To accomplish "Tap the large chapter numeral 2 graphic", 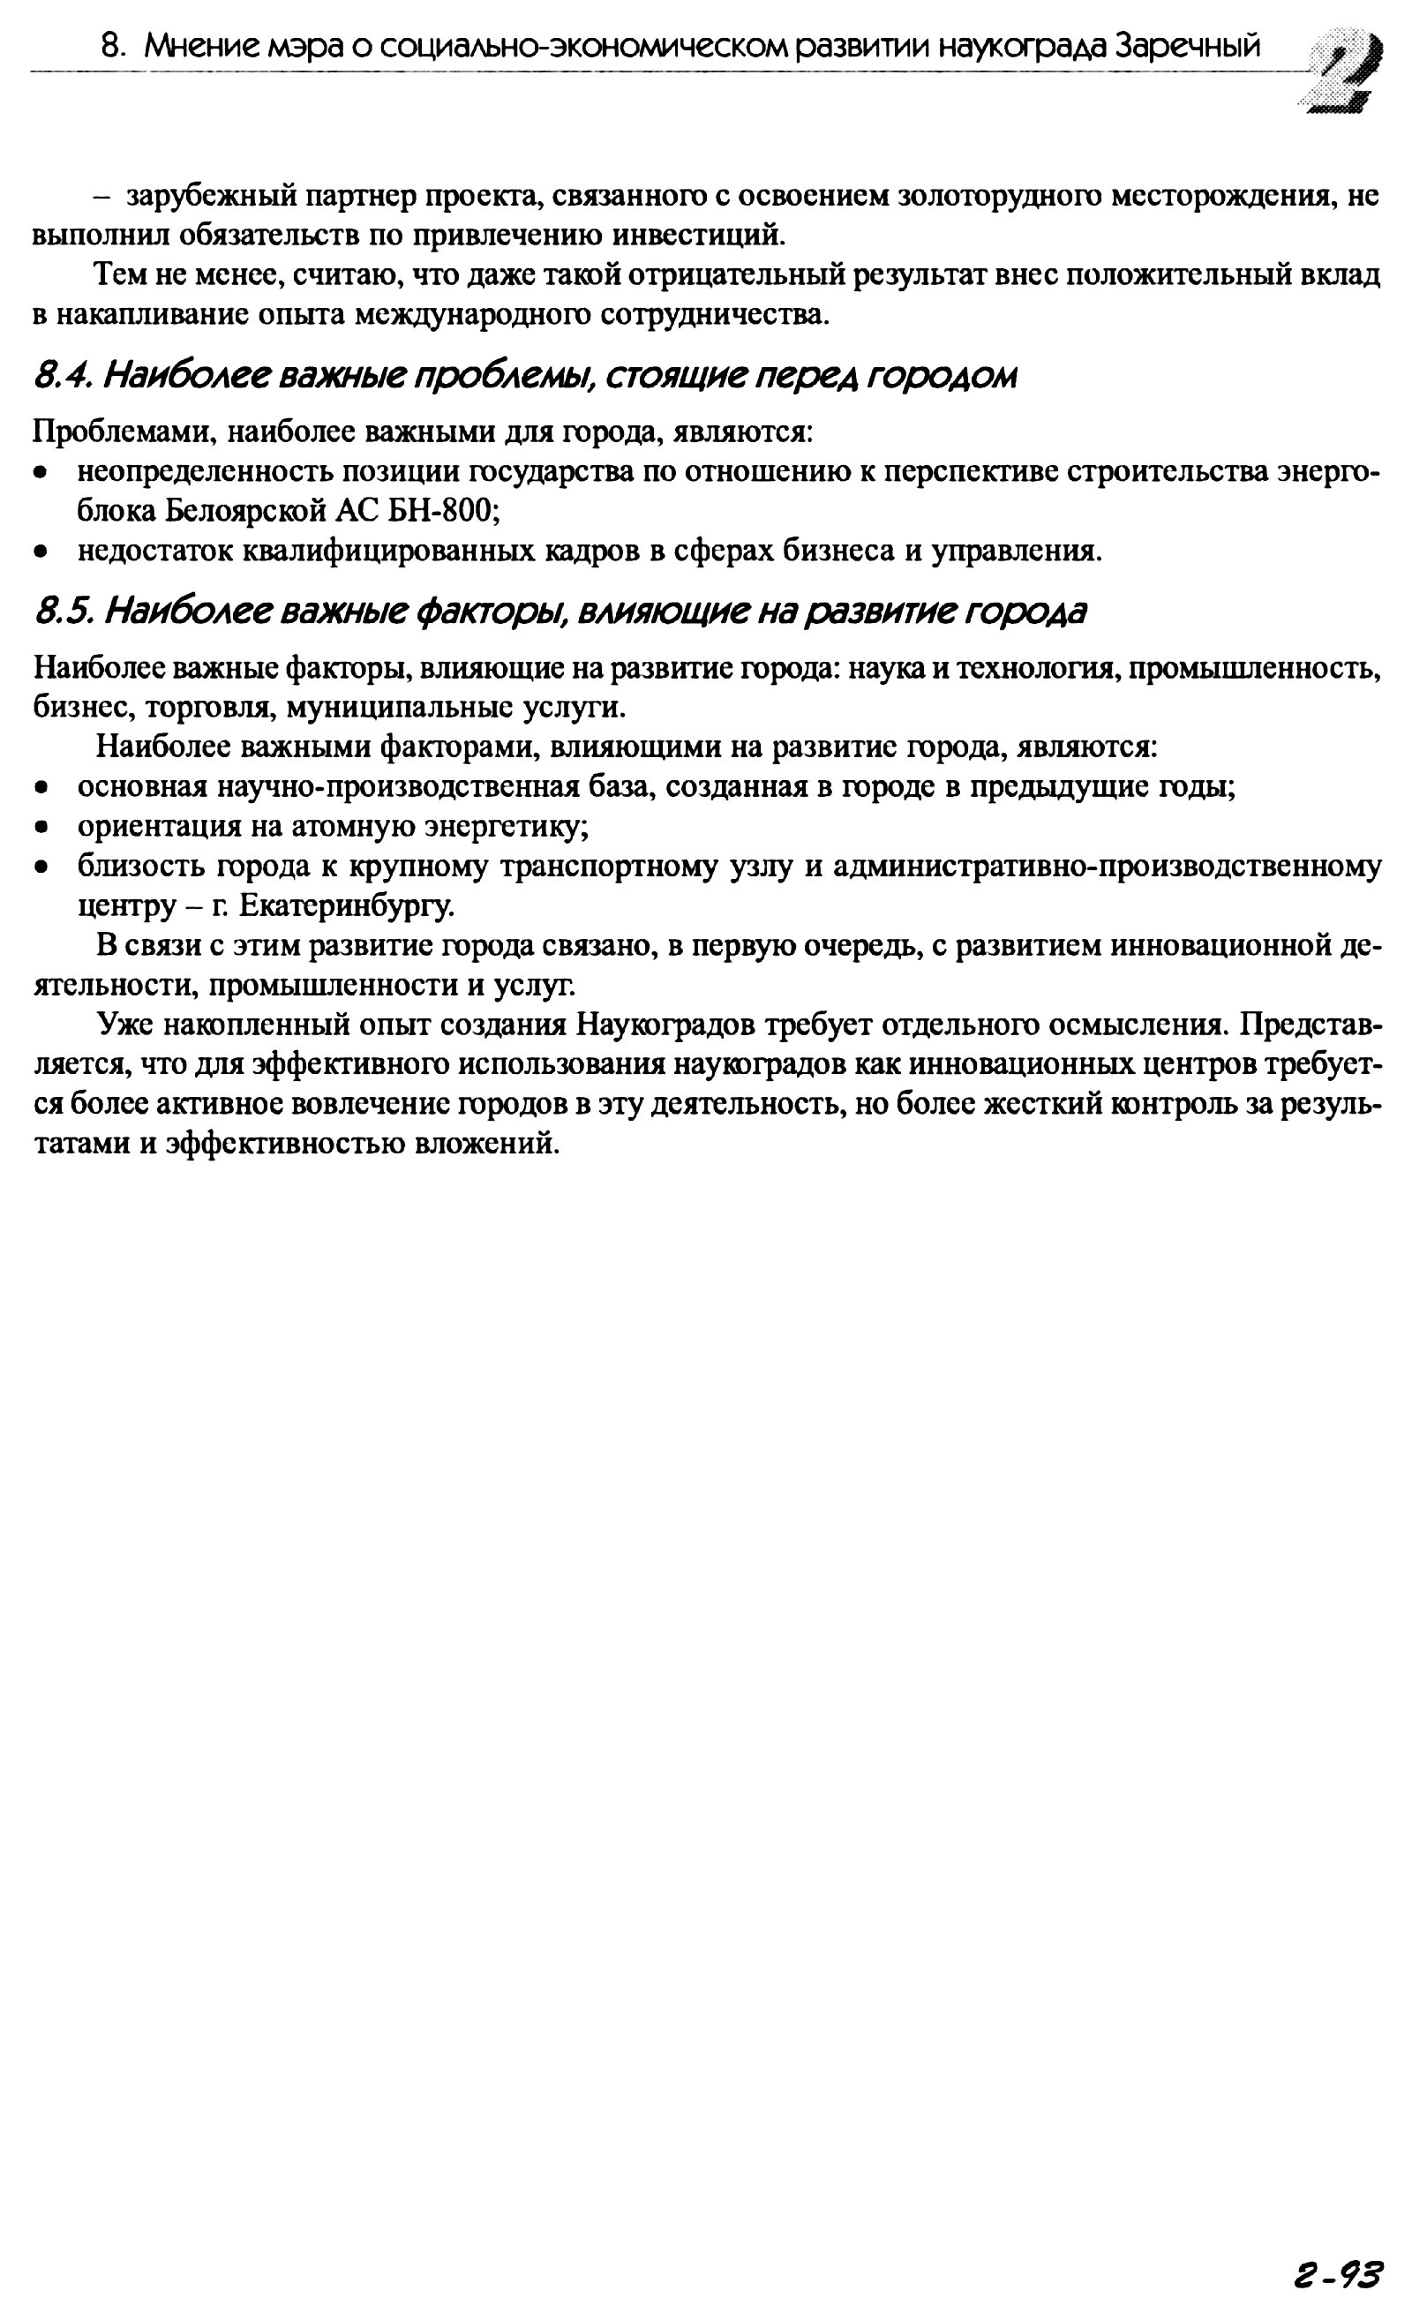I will [1344, 70].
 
